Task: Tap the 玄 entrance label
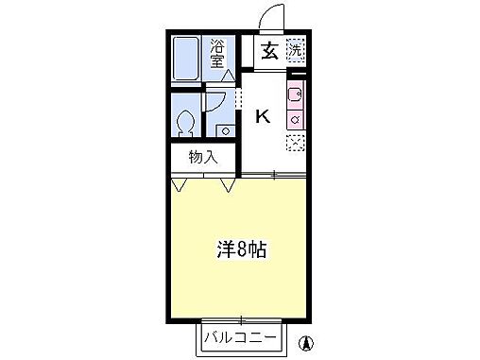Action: coord(269,52)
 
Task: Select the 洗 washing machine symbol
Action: coord(296,50)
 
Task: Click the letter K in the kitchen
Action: coord(264,116)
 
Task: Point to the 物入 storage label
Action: coord(202,157)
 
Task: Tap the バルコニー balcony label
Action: coord(237,336)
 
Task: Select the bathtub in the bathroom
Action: coord(188,59)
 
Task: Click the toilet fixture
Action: coord(187,121)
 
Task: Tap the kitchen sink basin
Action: coord(296,95)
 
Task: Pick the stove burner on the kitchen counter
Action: coord(296,119)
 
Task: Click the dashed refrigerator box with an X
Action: coord(296,141)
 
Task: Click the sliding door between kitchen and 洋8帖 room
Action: coord(274,175)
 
